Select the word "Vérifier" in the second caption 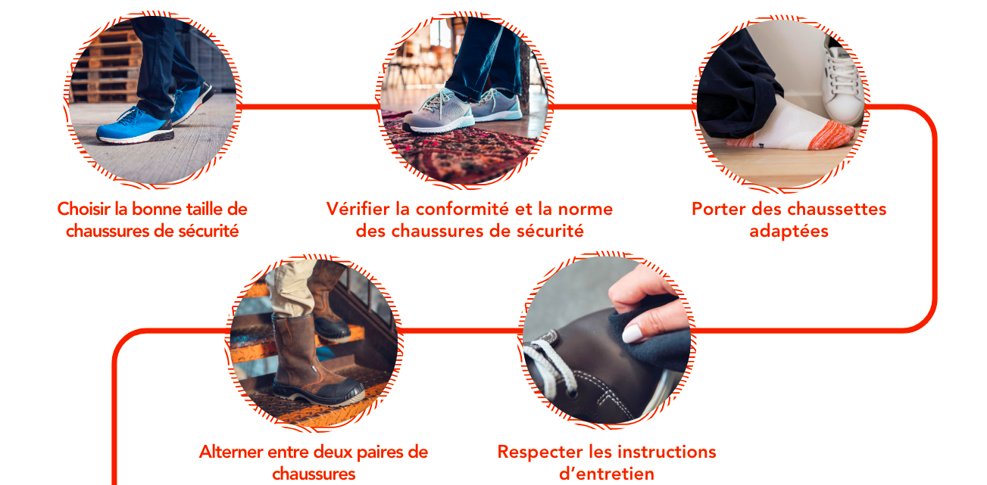tap(358, 209)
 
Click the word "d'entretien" tap(606, 474)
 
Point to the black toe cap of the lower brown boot tap(335, 393)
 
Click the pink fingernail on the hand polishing tap(632, 334)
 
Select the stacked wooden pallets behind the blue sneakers tap(107, 66)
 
